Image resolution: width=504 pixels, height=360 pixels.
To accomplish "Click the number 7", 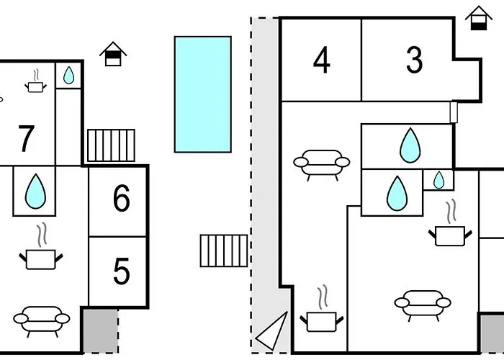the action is (26, 138).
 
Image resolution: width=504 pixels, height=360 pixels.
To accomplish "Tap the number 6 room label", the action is (122, 198).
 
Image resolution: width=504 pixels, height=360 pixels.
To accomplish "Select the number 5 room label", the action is (122, 271).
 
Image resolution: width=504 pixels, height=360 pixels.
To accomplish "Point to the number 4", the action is (321, 60).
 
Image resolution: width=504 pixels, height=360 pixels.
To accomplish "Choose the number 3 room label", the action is (414, 60).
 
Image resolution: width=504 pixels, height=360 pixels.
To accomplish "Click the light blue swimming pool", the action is (203, 94).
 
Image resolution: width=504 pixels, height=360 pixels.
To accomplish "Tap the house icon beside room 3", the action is (479, 18).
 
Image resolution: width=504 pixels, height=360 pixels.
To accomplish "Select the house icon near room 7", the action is (113, 54).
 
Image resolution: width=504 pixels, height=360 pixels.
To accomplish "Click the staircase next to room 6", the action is (111, 145).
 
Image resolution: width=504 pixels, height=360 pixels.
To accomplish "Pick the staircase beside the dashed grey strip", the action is (224, 251).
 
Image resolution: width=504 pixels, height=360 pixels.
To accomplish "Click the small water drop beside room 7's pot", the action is (69, 75).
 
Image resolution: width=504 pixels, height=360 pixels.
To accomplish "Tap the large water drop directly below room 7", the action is (35, 192).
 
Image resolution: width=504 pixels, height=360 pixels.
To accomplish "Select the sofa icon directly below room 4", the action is (321, 165).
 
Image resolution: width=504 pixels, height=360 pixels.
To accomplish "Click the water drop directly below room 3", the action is (410, 145).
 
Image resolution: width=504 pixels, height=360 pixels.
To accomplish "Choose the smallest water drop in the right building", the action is (438, 180).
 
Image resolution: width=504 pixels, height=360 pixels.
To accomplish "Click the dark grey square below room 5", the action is (100, 331).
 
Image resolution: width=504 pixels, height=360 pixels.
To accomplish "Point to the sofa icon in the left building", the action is (42, 321).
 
